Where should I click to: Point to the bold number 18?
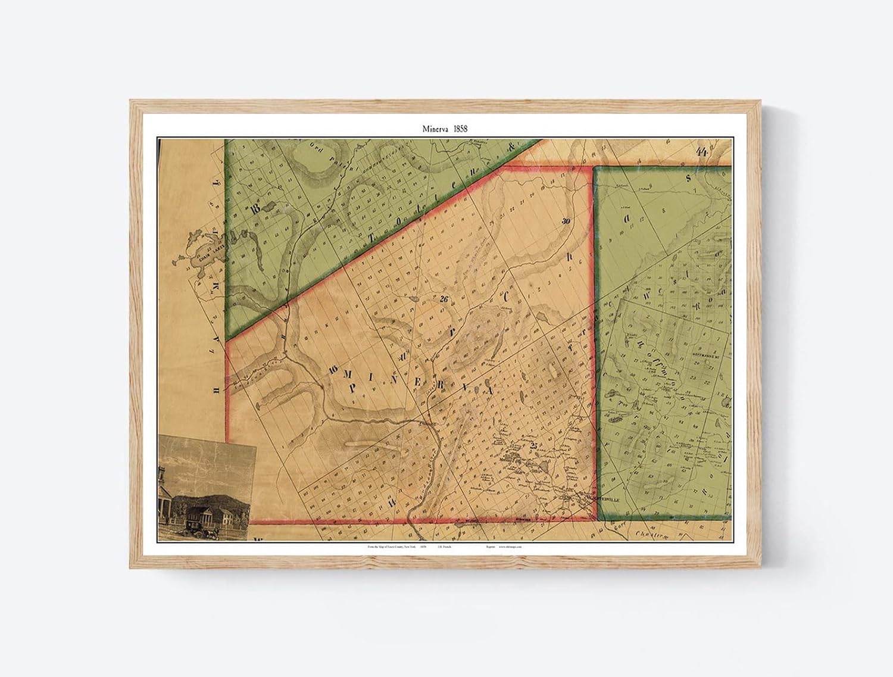(x=256, y=208)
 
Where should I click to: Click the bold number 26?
(x=444, y=299)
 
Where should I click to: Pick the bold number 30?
(x=566, y=221)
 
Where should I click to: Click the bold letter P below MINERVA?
(x=353, y=388)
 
